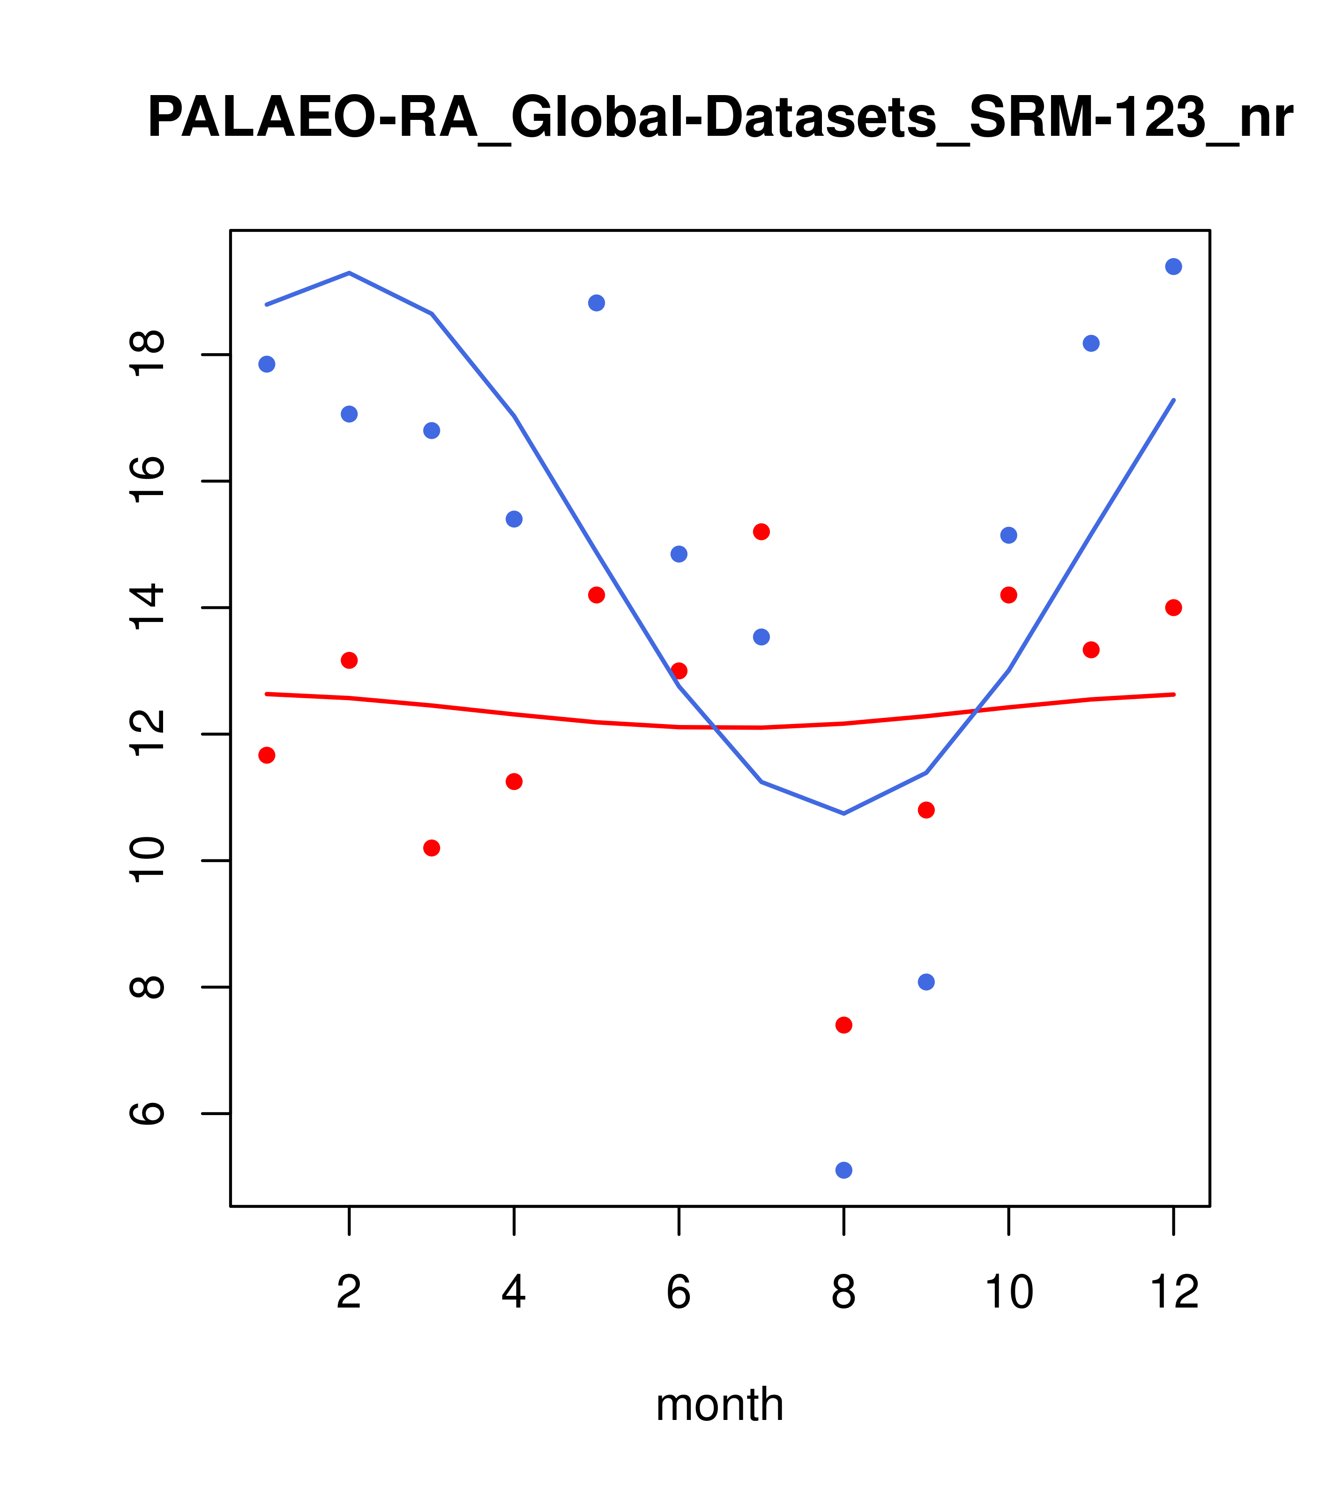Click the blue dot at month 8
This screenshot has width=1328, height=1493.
point(843,1170)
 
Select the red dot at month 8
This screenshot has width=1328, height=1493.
point(843,1025)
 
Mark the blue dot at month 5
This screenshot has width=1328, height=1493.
point(597,303)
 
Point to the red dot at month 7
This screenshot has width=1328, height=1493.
point(761,532)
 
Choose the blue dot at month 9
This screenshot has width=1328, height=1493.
point(926,982)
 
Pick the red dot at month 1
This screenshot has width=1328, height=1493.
point(267,754)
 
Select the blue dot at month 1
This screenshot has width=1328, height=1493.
point(267,364)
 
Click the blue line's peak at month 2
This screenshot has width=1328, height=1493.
point(350,273)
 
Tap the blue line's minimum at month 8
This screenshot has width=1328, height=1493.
point(843,813)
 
